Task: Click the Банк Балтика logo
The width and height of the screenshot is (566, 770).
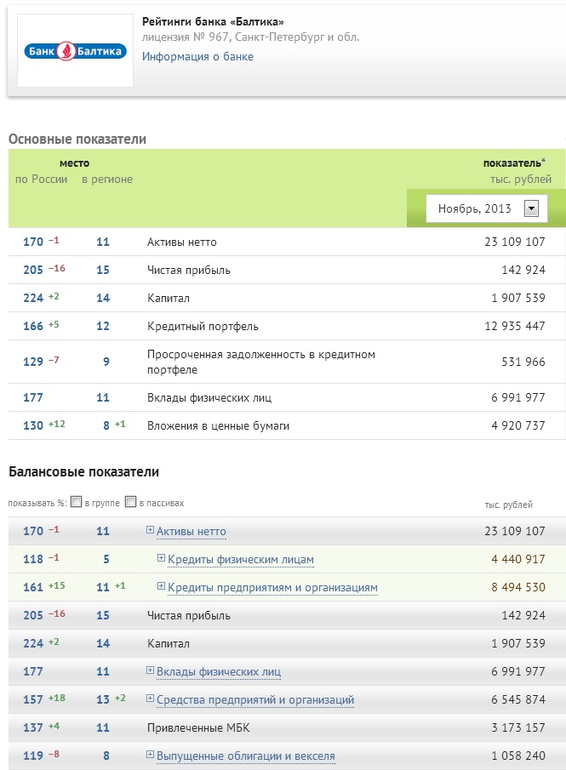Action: pyautogui.click(x=75, y=51)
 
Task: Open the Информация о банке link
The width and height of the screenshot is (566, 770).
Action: pyautogui.click(x=197, y=57)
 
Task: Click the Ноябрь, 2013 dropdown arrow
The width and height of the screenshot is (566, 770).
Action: pyautogui.click(x=532, y=208)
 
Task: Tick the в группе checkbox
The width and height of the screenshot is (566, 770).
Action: pyautogui.click(x=77, y=502)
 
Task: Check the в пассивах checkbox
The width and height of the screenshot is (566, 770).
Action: pyautogui.click(x=130, y=502)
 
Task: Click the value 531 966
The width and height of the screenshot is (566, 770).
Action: pyautogui.click(x=518, y=362)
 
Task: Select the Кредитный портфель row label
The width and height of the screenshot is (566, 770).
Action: pyautogui.click(x=203, y=326)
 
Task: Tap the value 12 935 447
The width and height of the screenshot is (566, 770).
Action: pyautogui.click(x=508, y=326)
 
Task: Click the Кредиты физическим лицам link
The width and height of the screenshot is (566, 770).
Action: pyautogui.click(x=241, y=560)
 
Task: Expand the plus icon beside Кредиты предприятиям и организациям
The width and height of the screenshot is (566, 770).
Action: pyautogui.click(x=161, y=587)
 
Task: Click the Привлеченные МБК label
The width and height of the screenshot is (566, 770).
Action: pyautogui.click(x=198, y=727)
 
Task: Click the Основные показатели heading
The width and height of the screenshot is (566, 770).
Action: pyautogui.click(x=77, y=139)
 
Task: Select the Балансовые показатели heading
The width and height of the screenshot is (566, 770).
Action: pyautogui.click(x=83, y=471)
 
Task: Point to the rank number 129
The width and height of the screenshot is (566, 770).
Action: pyautogui.click(x=33, y=362)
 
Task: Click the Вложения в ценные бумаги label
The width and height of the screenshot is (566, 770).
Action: pyautogui.click(x=218, y=425)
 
